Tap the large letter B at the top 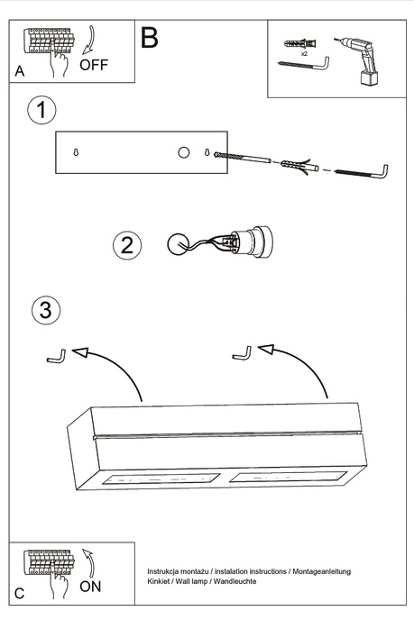(x=149, y=38)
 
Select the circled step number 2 (x=127, y=244)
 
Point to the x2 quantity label (x=304, y=54)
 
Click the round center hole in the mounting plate (x=183, y=152)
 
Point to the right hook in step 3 (x=241, y=353)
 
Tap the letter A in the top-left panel (x=20, y=71)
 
